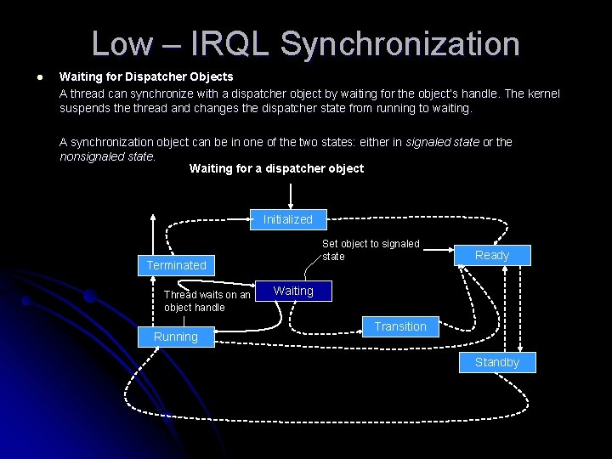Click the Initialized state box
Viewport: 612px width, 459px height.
[288, 219]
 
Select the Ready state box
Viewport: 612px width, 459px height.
[492, 255]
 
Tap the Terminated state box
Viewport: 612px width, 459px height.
[177, 265]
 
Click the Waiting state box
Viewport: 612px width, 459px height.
[293, 291]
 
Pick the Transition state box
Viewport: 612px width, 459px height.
[400, 326]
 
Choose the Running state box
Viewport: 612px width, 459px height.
[176, 337]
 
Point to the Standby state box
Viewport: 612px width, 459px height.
[497, 362]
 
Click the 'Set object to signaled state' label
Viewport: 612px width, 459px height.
[371, 250]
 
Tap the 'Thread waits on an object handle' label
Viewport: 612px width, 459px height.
[207, 301]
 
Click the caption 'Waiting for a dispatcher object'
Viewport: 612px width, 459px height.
[276, 168]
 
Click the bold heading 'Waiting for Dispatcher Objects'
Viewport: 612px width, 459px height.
[146, 77]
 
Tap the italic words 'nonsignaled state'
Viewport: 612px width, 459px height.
[107, 156]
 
